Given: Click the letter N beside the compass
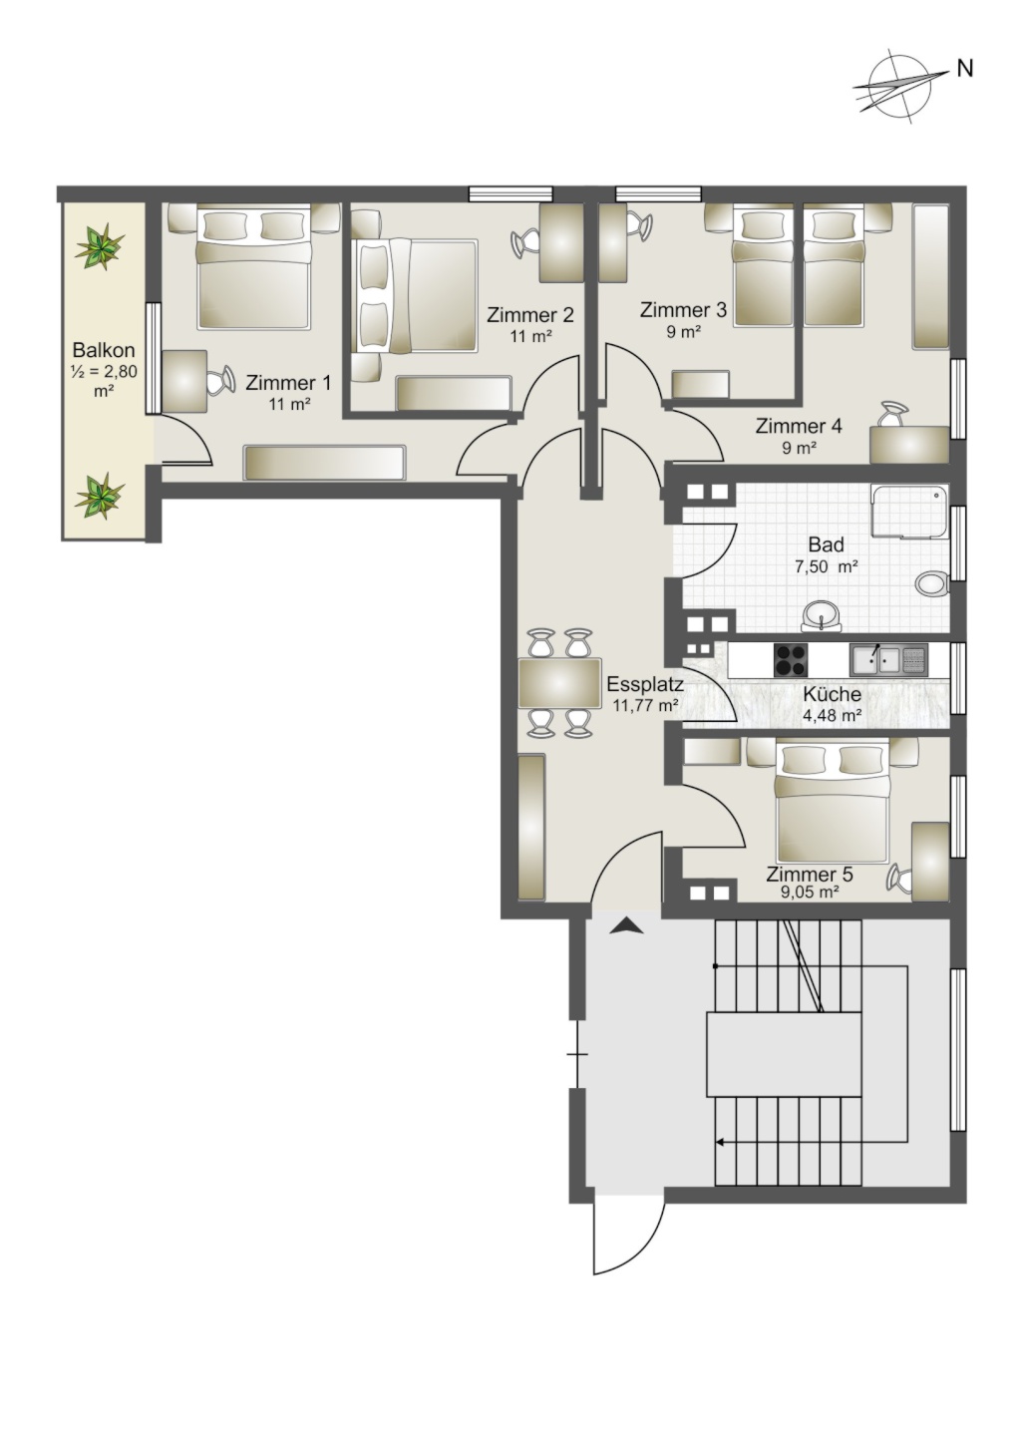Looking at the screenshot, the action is pos(964,69).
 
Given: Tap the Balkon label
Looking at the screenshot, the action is pos(104,351).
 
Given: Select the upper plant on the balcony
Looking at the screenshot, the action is pos(100,245).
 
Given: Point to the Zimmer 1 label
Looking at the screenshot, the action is pos(288,384).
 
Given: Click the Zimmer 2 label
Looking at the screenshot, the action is pos(529,315).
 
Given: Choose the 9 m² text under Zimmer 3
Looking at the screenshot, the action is pos(683,332).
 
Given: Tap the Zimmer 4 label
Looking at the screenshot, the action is pos(799,426).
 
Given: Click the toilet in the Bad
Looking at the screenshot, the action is pos(931,584).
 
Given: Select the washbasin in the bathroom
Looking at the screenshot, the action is pos(821,615).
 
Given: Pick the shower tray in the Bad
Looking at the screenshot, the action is pos(910,512).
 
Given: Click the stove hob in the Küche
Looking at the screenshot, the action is pos(791,659).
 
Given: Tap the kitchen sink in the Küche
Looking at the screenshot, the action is pos(888,659).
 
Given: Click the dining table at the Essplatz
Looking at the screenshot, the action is pos(559,683).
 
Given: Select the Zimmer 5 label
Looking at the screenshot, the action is pos(810,875).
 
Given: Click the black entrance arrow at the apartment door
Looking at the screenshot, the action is pos(626,926).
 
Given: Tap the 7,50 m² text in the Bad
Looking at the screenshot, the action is pos(827,566).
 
